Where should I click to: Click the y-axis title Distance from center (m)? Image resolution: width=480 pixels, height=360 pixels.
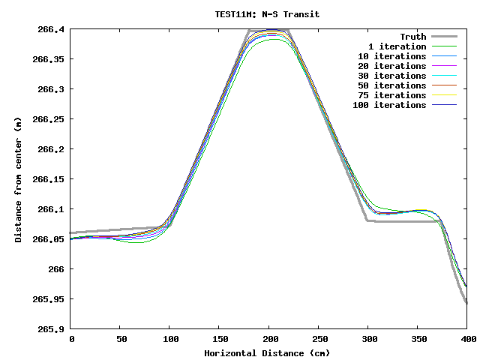pyautogui.click(x=18, y=180)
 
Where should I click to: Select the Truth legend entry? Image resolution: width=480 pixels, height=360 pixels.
pyautogui.click(x=412, y=37)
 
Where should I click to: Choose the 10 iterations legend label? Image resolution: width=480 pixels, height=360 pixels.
pyautogui.click(x=391, y=56)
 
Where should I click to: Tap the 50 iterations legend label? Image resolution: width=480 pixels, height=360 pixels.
pyautogui.click(x=391, y=85)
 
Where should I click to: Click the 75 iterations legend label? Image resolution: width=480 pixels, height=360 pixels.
pyautogui.click(x=391, y=95)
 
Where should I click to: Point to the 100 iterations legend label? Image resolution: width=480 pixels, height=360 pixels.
pyautogui.click(x=389, y=105)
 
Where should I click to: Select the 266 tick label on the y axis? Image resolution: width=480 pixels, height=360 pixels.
pyautogui.click(x=57, y=269)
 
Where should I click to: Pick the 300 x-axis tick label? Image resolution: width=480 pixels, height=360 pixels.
pyautogui.click(x=367, y=340)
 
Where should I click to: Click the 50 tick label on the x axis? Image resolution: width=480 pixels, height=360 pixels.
pyautogui.click(x=121, y=340)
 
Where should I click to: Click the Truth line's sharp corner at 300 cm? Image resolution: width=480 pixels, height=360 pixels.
pyautogui.click(x=367, y=220)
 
